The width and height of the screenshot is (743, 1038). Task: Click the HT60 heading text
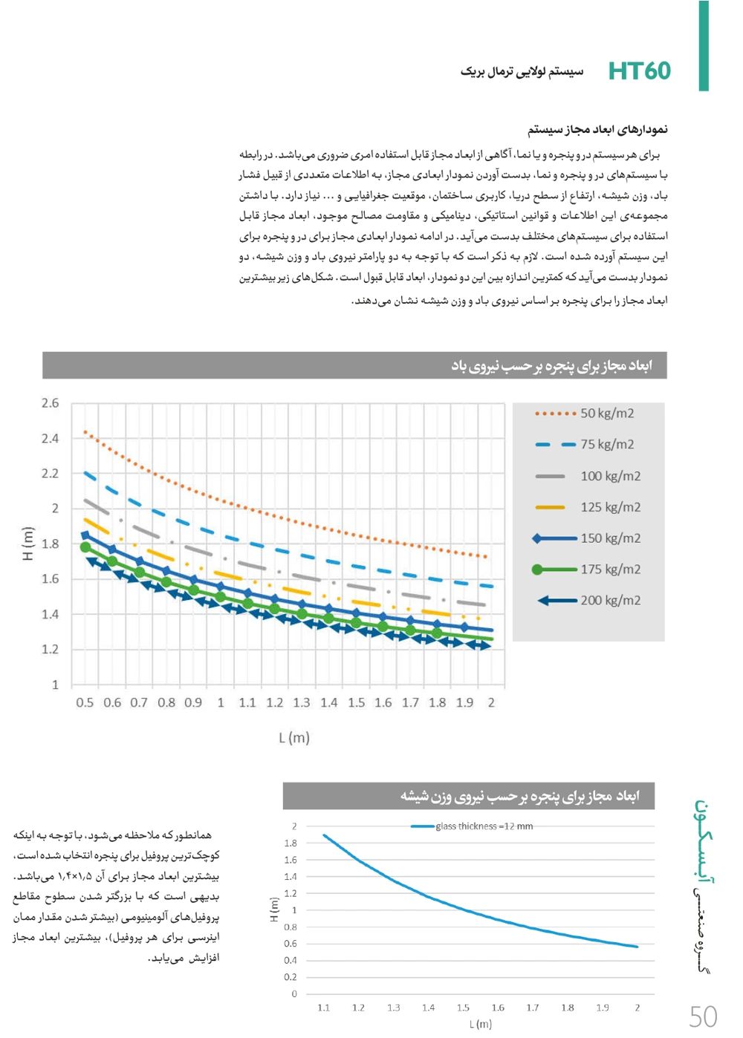[639, 71]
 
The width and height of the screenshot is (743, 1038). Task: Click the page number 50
[703, 1016]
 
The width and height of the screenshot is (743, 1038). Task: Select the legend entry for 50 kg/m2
[607, 414]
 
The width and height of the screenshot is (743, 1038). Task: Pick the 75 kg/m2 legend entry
[607, 445]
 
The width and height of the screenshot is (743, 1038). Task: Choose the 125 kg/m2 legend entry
[610, 507]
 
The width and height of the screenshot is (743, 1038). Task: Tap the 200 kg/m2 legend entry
[610, 600]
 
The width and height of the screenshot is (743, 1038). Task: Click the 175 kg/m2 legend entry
[610, 569]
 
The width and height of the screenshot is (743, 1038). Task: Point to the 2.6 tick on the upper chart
[50, 403]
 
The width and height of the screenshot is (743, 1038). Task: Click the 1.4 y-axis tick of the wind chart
[50, 614]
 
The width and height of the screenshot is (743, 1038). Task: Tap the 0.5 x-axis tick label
[85, 702]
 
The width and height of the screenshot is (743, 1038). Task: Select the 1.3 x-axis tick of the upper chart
[302, 702]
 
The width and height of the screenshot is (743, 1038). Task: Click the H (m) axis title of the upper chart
[28, 544]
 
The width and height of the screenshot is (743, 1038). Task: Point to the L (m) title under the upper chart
[294, 737]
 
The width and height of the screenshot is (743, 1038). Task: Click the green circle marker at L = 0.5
[85, 547]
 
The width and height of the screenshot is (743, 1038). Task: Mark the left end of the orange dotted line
[85, 431]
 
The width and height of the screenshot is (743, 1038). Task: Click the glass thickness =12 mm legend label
[484, 826]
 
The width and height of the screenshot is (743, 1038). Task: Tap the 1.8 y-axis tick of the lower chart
[291, 843]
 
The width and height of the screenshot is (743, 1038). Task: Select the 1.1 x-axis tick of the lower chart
[323, 1008]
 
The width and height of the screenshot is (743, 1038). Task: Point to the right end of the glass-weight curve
[637, 947]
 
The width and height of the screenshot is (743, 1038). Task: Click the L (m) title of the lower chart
[481, 1024]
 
